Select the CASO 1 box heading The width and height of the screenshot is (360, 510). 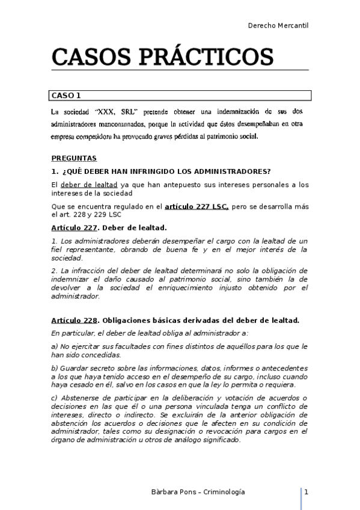(66, 95)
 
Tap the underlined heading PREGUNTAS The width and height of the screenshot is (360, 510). (74, 158)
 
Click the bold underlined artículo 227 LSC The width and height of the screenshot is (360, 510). (197, 206)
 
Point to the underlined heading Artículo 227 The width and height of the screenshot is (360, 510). (74, 228)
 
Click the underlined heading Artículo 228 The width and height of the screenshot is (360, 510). (74, 320)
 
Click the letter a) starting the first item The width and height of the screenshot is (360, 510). (55, 346)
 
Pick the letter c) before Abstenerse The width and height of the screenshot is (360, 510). (55, 398)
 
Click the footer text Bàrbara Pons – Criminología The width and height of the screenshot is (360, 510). (198, 492)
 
